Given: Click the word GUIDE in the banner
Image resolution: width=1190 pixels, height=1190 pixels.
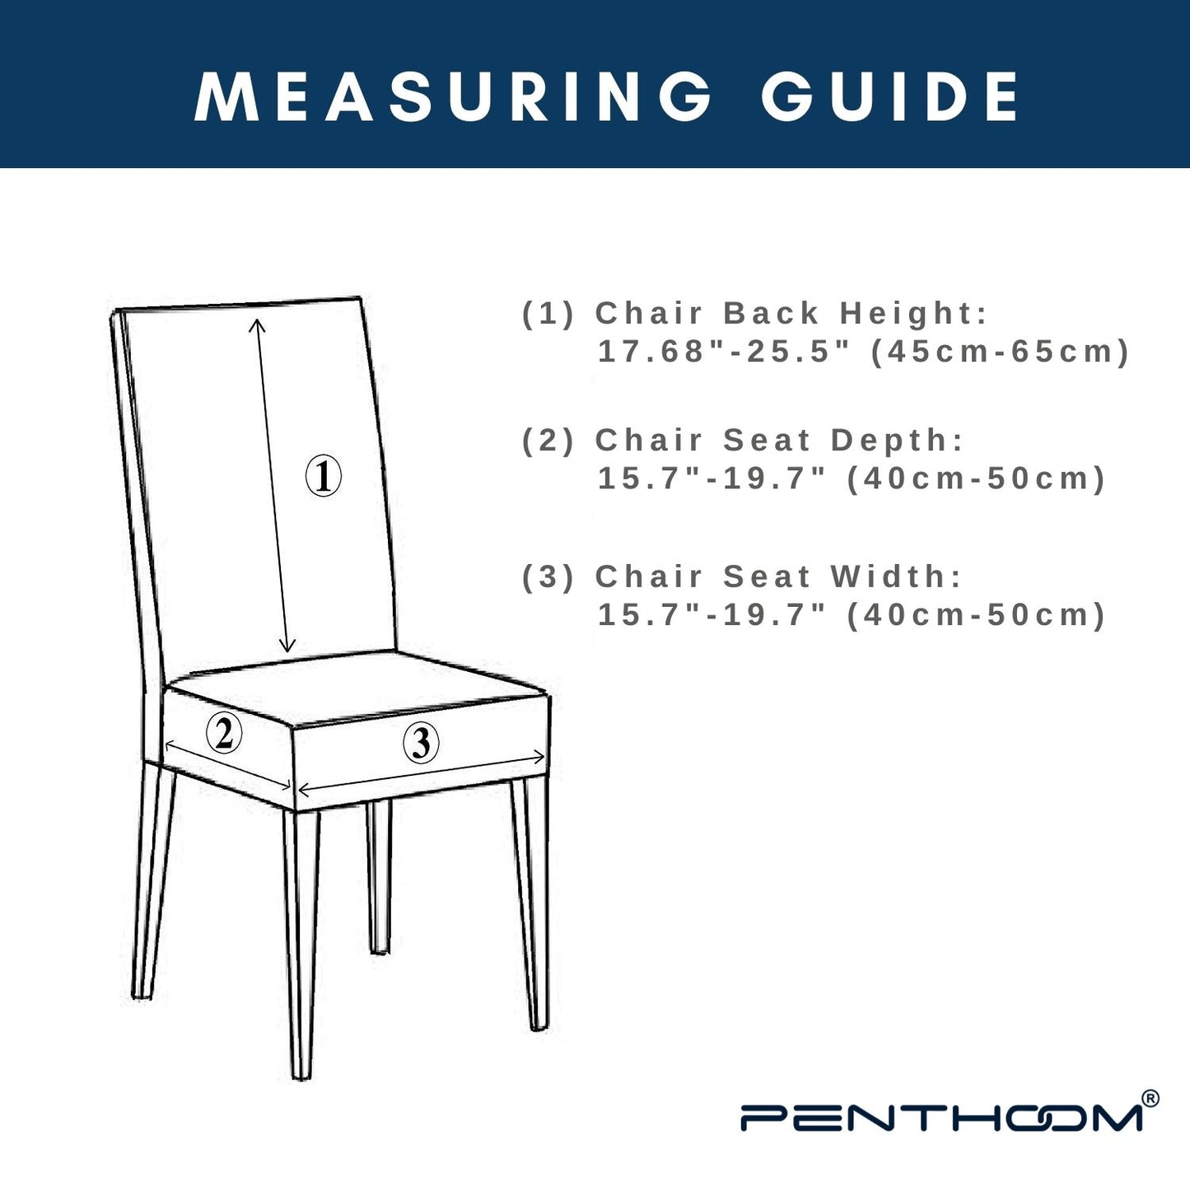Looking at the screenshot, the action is click(x=890, y=97).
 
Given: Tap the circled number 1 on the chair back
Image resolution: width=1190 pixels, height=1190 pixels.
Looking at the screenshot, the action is click(x=324, y=475).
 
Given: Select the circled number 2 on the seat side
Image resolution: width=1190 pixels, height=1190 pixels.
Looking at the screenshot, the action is click(x=223, y=732).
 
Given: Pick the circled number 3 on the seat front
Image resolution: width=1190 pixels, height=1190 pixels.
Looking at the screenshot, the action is click(x=421, y=743).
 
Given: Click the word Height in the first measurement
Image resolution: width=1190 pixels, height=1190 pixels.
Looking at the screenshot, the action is click(x=914, y=313).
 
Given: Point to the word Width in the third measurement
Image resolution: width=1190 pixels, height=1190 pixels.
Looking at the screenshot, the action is click(x=896, y=576).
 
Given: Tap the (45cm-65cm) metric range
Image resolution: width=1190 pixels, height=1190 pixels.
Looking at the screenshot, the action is click(x=1000, y=352).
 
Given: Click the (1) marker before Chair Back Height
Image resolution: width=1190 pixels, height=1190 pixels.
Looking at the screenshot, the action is click(x=548, y=314).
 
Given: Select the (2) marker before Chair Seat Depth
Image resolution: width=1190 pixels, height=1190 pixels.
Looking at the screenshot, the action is click(x=548, y=441).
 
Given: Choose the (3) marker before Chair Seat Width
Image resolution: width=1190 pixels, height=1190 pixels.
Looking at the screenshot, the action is click(x=548, y=577).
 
